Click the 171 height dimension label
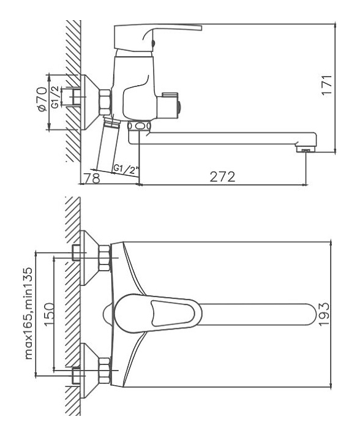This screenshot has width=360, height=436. [327, 85]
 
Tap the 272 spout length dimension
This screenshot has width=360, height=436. [222, 177]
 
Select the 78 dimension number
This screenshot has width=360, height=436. [92, 178]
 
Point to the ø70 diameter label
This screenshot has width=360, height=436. [42, 99]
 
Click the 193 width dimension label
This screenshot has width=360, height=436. [323, 314]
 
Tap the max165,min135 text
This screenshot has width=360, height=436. [29, 314]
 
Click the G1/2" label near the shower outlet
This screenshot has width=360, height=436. [126, 169]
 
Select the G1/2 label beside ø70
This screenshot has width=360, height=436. [56, 97]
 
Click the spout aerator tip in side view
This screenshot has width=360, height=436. [306, 149]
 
